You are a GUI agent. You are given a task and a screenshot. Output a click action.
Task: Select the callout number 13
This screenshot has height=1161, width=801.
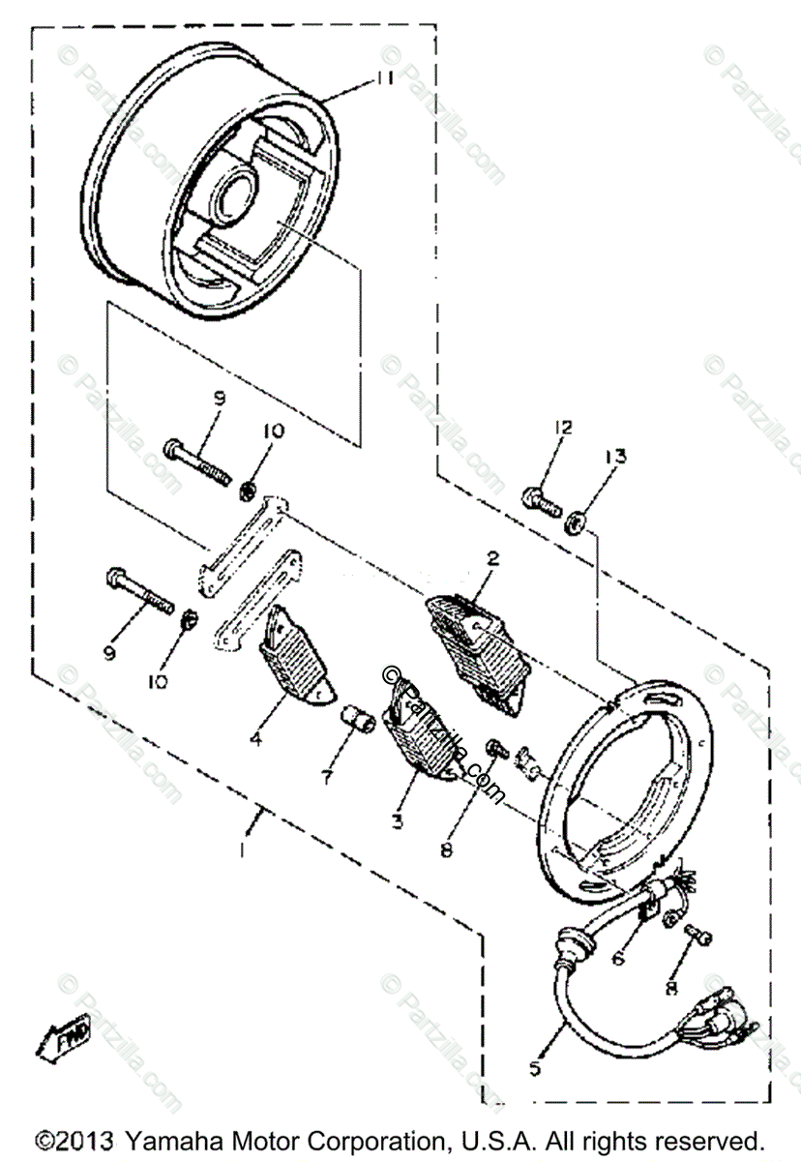(616, 455)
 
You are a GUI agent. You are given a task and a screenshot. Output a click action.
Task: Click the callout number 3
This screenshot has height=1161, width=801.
(396, 822)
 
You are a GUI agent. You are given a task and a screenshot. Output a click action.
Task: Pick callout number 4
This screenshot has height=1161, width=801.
(256, 740)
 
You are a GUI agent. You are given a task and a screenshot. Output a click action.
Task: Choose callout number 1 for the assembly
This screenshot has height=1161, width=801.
(242, 852)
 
